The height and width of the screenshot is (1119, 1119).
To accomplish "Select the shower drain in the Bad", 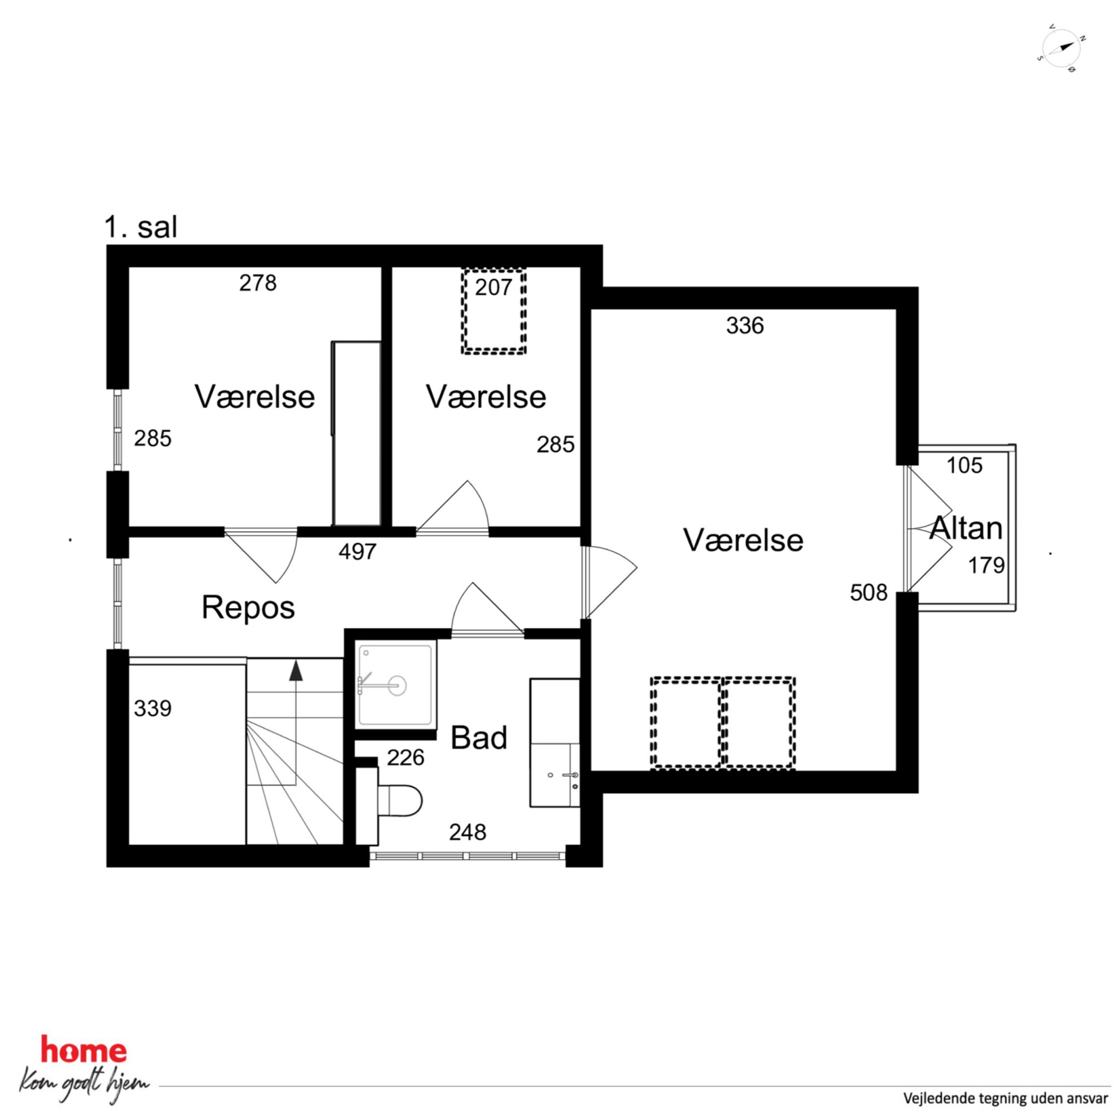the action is click(397, 685).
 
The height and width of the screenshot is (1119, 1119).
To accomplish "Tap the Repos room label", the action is click(248, 608).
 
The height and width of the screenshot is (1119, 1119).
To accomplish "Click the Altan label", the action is click(966, 528).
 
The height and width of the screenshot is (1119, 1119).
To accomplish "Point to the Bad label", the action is click(478, 737).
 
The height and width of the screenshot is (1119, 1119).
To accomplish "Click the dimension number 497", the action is click(358, 552).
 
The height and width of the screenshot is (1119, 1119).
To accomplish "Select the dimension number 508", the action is click(868, 593).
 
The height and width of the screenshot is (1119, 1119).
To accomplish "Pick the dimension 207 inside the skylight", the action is click(494, 287).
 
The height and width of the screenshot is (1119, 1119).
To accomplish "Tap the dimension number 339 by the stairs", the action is click(152, 708).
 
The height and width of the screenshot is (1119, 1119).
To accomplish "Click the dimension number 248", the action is click(468, 832).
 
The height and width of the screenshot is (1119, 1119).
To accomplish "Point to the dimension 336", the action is click(745, 325).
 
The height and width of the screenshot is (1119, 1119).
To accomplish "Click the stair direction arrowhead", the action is click(296, 670).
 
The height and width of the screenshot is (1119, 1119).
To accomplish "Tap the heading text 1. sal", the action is click(141, 227).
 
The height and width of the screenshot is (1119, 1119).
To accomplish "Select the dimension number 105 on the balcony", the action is click(964, 465).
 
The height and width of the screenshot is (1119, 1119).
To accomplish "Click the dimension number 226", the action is click(406, 757).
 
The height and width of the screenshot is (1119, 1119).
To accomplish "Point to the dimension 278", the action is click(258, 283).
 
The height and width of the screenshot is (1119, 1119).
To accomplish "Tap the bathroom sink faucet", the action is click(571, 774).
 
